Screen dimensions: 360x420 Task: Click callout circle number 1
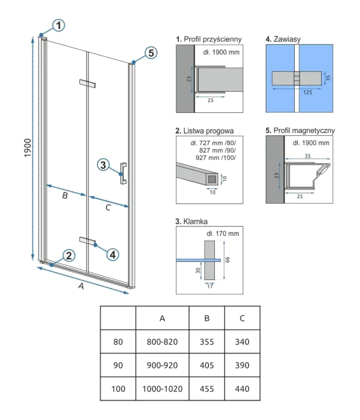tap(58, 25)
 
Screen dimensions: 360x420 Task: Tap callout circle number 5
tap(151, 53)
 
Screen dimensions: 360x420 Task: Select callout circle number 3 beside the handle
tap(103, 165)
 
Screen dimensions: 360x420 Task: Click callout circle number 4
tap(113, 254)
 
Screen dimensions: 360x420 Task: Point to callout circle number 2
tap(69, 256)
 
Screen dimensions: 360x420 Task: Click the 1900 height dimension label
tap(28, 148)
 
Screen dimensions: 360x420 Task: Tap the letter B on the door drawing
tap(65, 196)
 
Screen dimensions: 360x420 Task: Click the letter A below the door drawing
tap(81, 286)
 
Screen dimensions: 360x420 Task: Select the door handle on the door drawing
tap(124, 173)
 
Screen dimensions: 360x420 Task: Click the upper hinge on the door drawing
tap(88, 83)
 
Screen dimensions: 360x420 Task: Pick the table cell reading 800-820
tap(162, 342)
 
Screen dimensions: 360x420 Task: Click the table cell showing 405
tap(207, 365)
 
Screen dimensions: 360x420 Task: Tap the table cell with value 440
tap(242, 389)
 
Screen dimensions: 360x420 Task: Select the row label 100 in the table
tap(118, 389)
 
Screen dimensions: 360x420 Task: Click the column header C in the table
tap(242, 318)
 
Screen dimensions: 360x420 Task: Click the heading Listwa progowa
tap(208, 131)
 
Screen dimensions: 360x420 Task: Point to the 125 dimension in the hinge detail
tap(307, 92)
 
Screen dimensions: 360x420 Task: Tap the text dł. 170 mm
tap(223, 234)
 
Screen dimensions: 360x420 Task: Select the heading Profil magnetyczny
tap(304, 130)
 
